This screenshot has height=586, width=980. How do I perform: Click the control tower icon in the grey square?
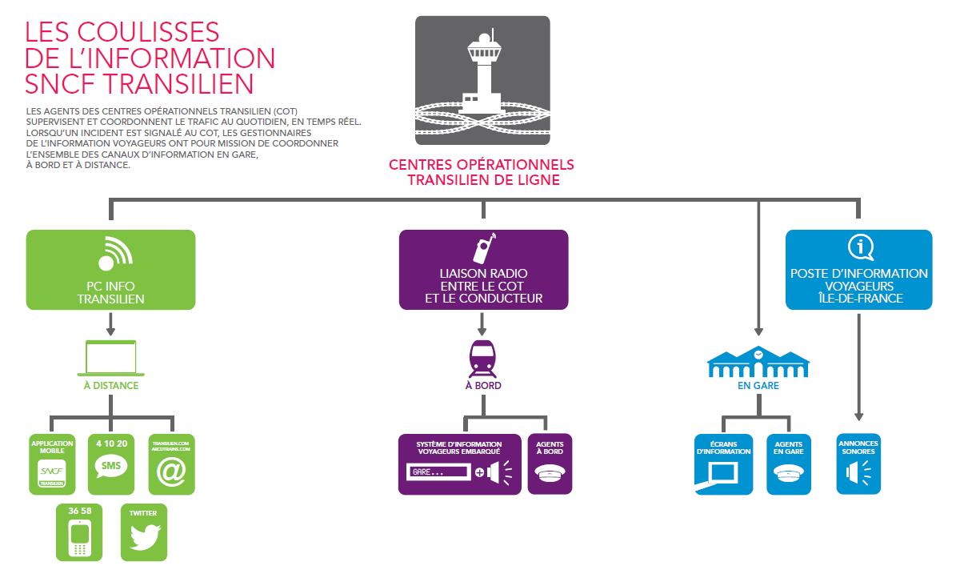point(482,80)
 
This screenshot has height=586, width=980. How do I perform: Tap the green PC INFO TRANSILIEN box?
point(110,270)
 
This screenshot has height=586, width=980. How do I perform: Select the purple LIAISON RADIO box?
point(483,270)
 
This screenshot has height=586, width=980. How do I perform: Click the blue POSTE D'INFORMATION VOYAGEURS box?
point(858,270)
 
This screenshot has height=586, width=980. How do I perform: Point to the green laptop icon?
point(110,358)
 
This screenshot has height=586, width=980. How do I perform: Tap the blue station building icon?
point(758,363)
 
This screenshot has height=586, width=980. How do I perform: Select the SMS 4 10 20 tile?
point(110,464)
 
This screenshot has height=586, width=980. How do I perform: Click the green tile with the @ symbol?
point(171,464)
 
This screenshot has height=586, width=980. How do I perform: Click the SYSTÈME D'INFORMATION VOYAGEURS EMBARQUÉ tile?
point(459,464)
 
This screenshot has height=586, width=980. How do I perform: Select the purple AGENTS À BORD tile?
point(550,464)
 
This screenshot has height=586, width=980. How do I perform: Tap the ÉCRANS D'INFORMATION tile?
point(723,464)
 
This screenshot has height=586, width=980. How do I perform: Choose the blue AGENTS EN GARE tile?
point(788,464)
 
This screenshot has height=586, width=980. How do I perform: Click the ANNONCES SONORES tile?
point(858,464)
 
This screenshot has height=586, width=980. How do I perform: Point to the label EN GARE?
point(758,386)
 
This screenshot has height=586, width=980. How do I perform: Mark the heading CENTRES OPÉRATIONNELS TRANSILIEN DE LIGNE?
point(482,172)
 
